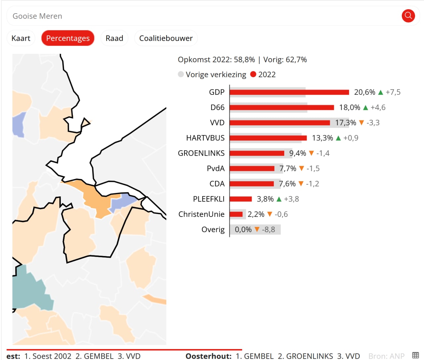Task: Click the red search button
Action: pyautogui.click(x=408, y=16)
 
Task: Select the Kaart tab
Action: pyautogui.click(x=21, y=38)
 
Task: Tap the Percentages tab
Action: pyautogui.click(x=68, y=38)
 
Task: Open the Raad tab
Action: pyautogui.click(x=114, y=38)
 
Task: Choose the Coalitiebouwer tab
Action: pyautogui.click(x=166, y=38)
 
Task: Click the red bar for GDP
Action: pyautogui.click(x=289, y=92)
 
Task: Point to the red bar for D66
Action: pyautogui.click(x=282, y=107)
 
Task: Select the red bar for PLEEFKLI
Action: pyautogui.click(x=241, y=199)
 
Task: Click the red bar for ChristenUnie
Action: pyautogui.click(x=236, y=214)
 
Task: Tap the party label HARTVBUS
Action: pyautogui.click(x=205, y=138)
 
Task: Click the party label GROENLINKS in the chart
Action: pyautogui.click(x=201, y=153)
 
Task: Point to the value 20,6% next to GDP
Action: pyautogui.click(x=365, y=92)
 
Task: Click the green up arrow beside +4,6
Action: pyautogui.click(x=366, y=108)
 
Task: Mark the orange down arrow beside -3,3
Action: pyautogui.click(x=361, y=123)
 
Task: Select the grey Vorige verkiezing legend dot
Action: pyautogui.click(x=181, y=74)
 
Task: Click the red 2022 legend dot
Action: pyautogui.click(x=253, y=74)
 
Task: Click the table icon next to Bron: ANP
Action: pyautogui.click(x=416, y=355)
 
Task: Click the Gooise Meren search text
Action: pyautogui.click(x=37, y=16)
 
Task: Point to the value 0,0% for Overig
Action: pyautogui.click(x=243, y=230)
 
